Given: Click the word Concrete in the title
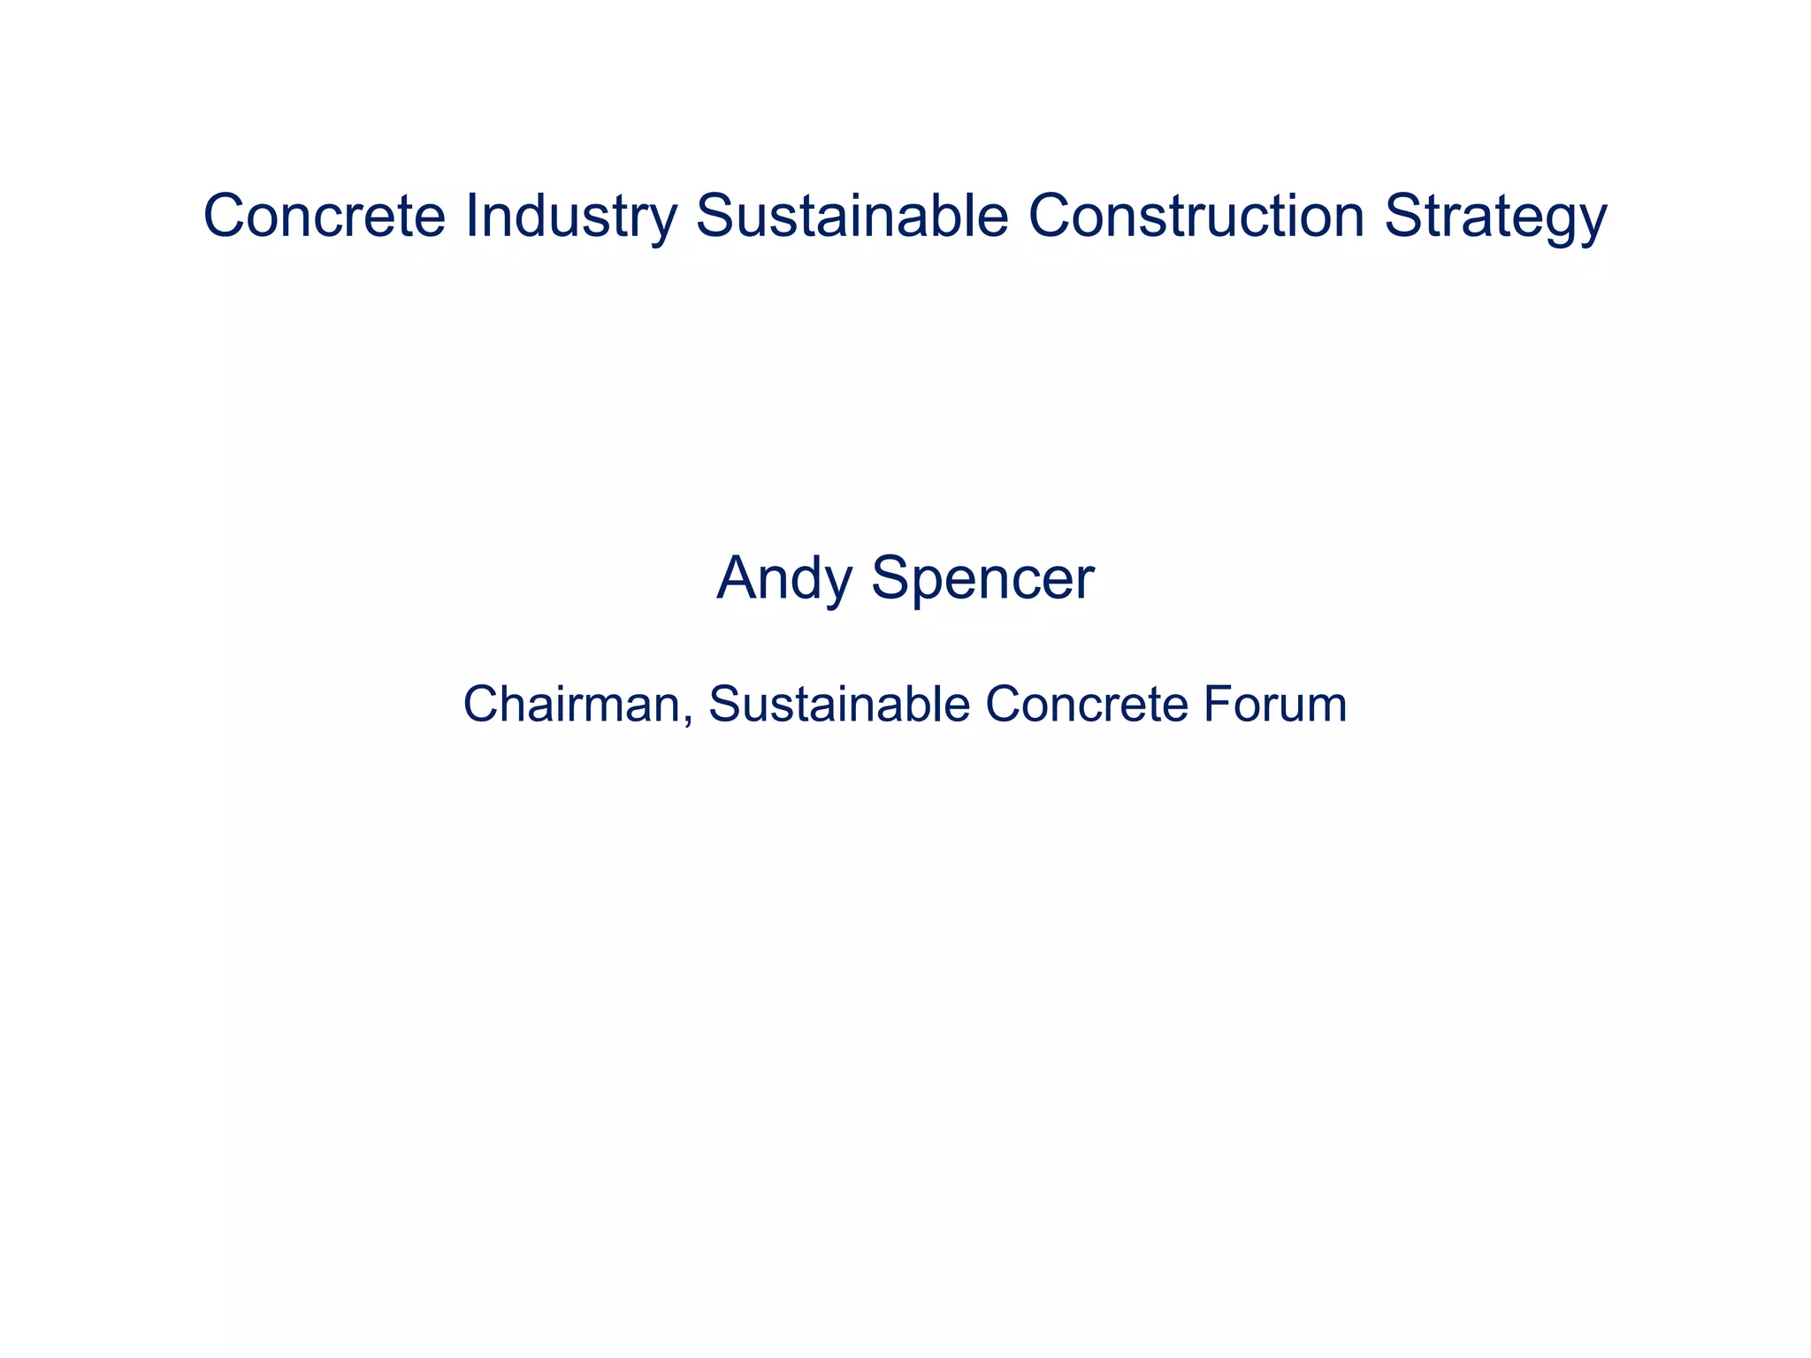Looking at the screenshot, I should pos(325,216).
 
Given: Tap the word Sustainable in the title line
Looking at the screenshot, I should pos(852,216).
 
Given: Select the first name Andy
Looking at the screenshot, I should pos(785,579).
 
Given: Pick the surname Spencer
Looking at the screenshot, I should pos(982,579).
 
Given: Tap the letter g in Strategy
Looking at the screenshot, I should pos(1561,223).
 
